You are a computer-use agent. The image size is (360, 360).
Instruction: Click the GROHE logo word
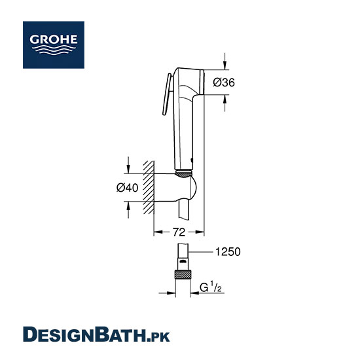click(x=54, y=39)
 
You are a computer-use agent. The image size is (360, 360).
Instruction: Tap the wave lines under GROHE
click(x=54, y=50)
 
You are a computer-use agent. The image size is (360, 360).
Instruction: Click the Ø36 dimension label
click(x=224, y=82)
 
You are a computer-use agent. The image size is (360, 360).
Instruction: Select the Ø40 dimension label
click(x=127, y=188)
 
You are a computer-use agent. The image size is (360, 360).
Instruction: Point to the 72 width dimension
click(x=179, y=232)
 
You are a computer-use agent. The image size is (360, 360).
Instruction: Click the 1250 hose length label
click(x=228, y=252)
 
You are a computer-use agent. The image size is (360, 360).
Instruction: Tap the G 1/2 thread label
click(x=211, y=287)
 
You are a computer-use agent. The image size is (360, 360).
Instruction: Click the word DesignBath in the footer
click(x=84, y=334)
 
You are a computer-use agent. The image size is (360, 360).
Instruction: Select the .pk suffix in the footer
click(x=158, y=337)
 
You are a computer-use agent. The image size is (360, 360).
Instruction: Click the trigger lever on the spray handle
click(x=166, y=94)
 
